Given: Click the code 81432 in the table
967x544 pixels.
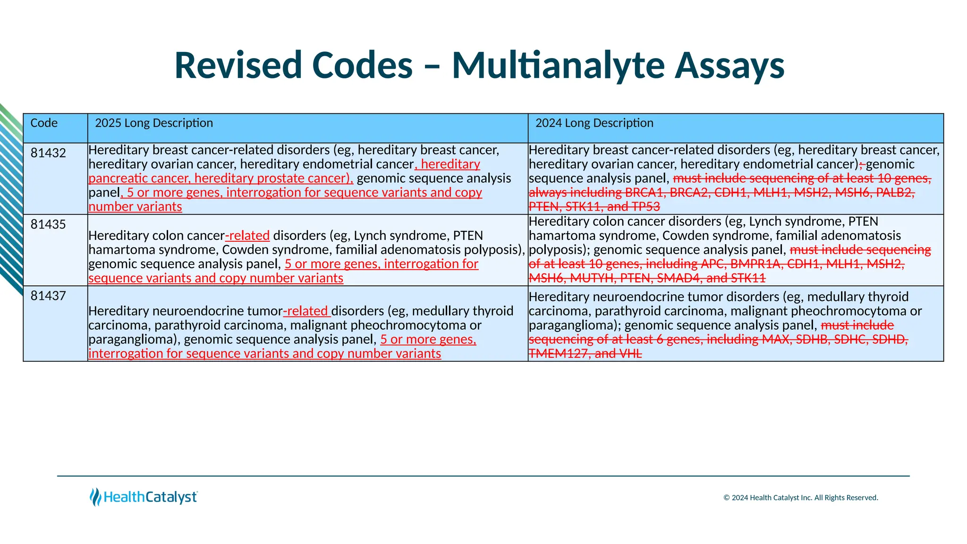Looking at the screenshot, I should click(x=48, y=153).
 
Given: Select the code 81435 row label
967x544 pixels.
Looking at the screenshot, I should click(x=48, y=224).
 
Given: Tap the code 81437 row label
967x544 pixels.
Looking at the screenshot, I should click(x=48, y=296).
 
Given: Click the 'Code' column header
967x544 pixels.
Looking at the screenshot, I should click(x=44, y=123).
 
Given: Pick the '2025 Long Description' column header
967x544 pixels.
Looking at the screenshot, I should click(x=154, y=123).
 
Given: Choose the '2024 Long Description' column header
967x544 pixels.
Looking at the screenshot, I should click(x=594, y=123).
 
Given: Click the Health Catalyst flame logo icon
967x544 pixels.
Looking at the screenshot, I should click(x=95, y=497).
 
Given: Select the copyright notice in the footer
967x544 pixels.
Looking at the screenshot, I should click(x=801, y=498).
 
